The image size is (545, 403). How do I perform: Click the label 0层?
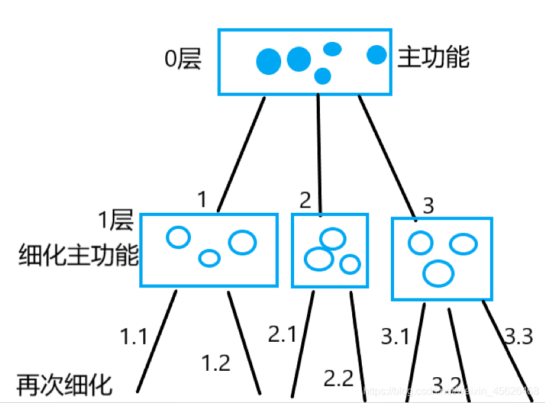tap(183, 59)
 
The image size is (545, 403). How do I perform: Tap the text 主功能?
tap(433, 58)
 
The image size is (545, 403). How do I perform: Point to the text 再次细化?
tap(64, 386)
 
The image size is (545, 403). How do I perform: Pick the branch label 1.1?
tap(134, 336)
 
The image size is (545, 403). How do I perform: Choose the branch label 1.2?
tap(216, 363)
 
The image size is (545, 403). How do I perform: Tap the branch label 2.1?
tap(282, 335)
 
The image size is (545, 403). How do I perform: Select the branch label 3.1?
tap(395, 337)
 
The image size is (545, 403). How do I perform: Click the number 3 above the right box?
tap(428, 206)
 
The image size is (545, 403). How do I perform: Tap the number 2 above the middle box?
tap(305, 200)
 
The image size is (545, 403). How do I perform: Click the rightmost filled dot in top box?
tap(377, 55)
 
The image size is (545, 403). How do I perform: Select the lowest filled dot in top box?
tap(322, 76)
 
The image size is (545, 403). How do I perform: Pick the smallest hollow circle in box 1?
tap(209, 259)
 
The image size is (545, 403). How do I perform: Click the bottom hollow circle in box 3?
tap(439, 273)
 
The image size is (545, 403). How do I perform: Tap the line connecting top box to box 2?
tap(319, 155)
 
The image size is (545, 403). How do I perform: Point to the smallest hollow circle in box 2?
tap(350, 264)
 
